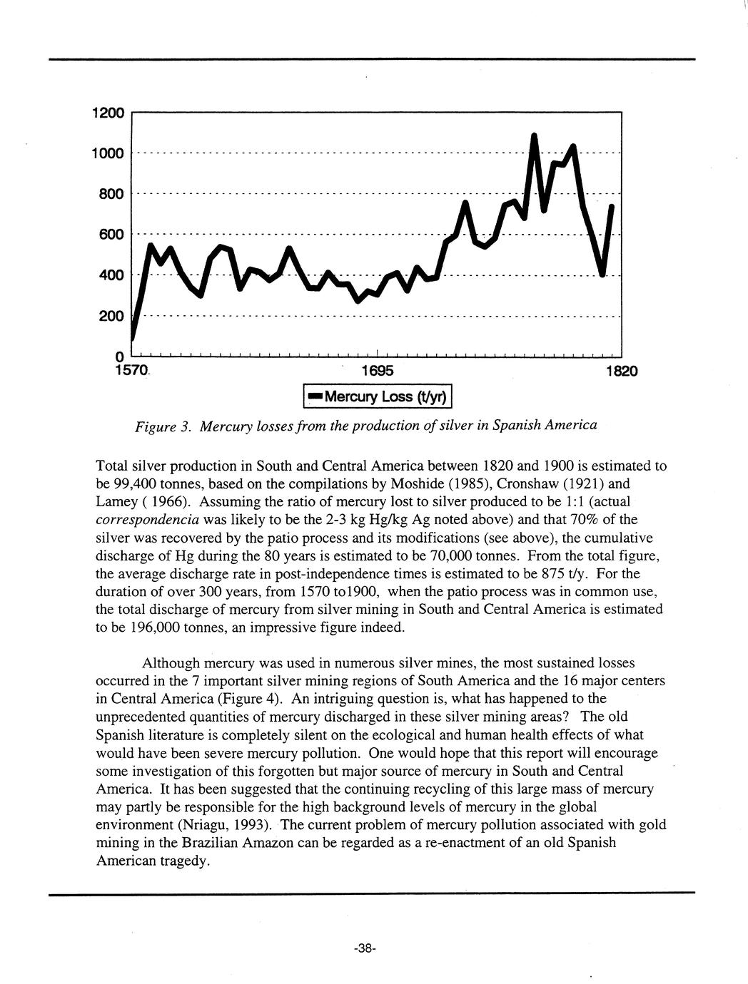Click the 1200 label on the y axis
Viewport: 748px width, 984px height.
coord(108,113)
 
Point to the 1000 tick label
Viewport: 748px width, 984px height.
coord(108,153)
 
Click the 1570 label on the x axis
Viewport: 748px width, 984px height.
coord(131,371)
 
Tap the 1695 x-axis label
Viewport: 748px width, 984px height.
coord(377,371)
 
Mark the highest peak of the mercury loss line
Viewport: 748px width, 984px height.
coord(534,135)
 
